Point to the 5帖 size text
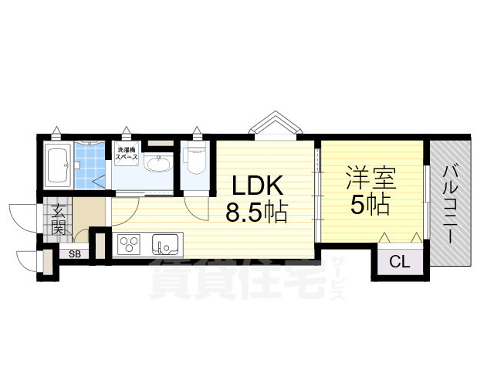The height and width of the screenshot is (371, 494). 369,205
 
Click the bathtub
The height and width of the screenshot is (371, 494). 58,163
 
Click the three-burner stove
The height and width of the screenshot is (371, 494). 127,246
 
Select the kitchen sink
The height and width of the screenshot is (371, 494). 165,245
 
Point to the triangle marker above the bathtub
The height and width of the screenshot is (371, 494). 57,130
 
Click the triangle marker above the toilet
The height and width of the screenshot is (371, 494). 198,130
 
